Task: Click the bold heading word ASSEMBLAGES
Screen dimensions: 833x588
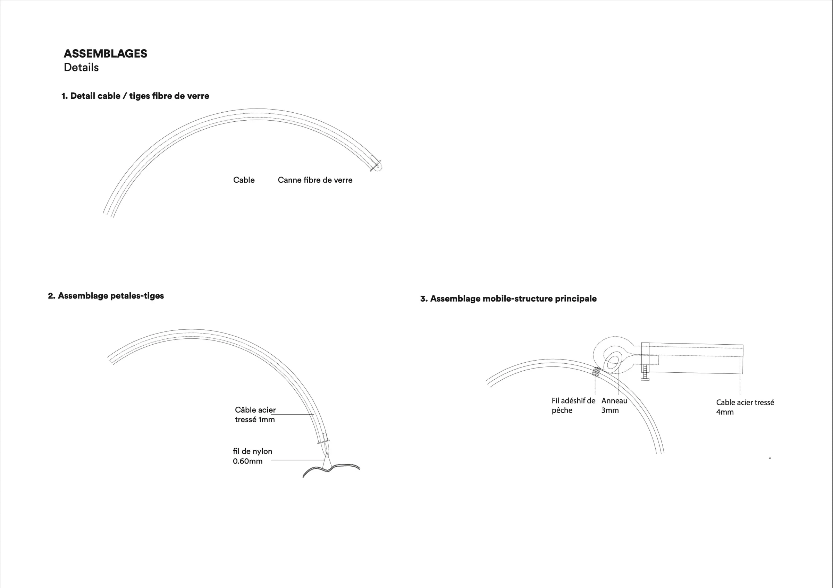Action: click(x=105, y=54)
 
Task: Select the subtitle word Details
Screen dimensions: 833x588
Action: click(x=81, y=67)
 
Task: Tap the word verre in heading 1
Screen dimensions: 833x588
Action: click(x=198, y=96)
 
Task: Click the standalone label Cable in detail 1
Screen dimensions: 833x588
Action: click(x=244, y=180)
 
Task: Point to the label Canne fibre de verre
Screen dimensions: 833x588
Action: click(x=315, y=180)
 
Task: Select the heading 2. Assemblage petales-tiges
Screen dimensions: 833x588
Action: click(x=106, y=296)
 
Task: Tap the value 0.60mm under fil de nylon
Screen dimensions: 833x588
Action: click(x=247, y=461)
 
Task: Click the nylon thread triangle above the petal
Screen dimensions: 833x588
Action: click(x=327, y=460)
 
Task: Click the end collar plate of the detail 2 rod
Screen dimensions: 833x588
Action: click(x=323, y=442)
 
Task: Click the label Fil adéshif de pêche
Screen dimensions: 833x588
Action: click(x=573, y=405)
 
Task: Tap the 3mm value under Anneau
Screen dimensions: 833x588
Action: click(x=610, y=410)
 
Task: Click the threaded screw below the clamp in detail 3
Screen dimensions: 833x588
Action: click(x=645, y=373)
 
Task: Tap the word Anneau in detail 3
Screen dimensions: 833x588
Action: click(x=614, y=401)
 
